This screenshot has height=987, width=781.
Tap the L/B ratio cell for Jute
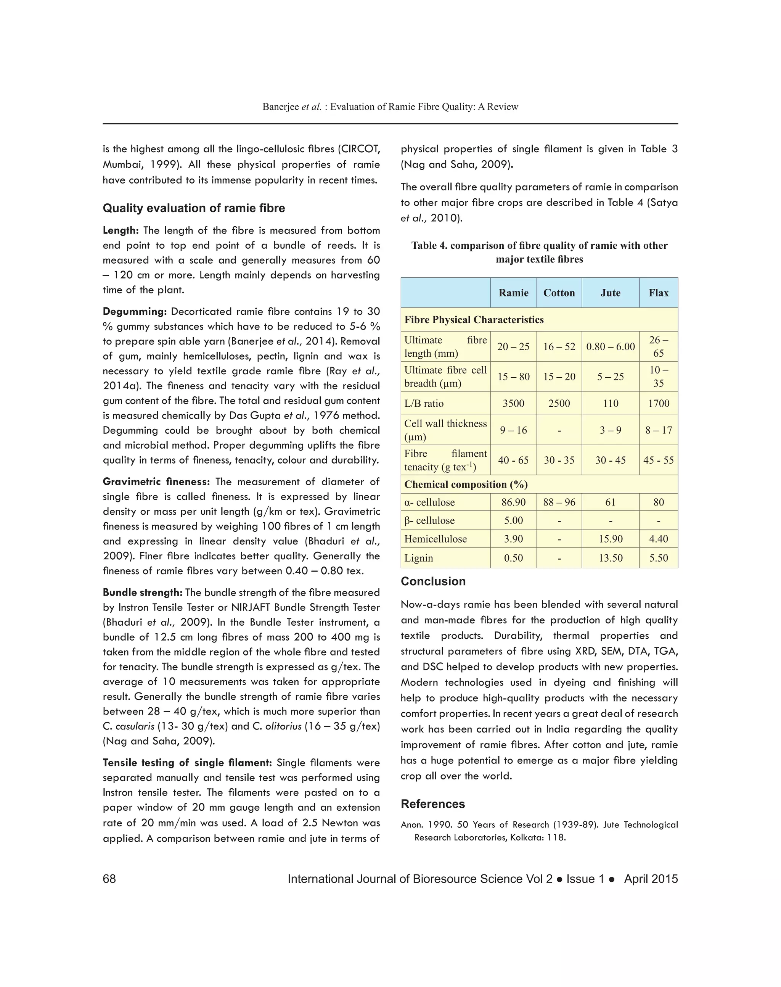(610, 403)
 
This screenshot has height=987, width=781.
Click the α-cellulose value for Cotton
(559, 502)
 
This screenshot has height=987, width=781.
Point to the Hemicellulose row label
(435, 539)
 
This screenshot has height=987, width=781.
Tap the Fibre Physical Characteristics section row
(474, 320)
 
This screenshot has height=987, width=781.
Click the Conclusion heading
(433, 581)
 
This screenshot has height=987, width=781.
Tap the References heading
(432, 804)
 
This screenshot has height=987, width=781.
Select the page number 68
(109, 879)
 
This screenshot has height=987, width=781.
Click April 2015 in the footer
(650, 879)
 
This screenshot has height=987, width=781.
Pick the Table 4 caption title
(539, 253)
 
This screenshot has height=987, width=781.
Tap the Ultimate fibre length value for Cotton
(559, 347)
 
